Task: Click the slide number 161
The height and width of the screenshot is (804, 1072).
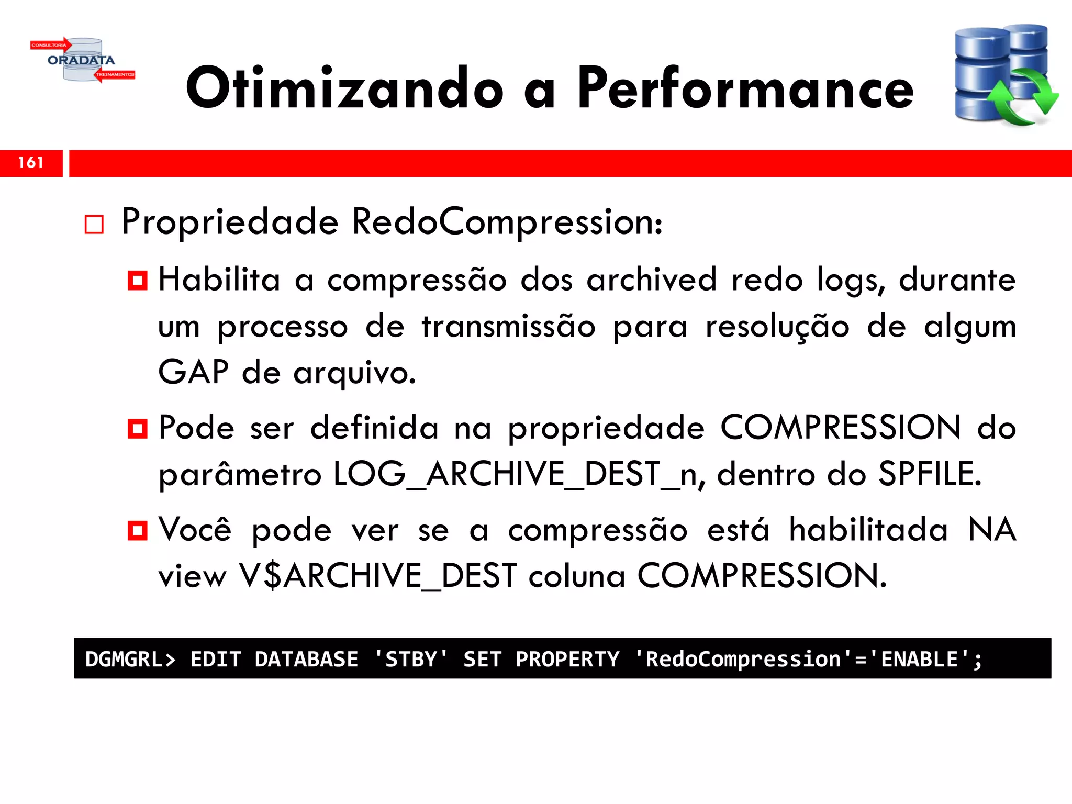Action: click(x=31, y=163)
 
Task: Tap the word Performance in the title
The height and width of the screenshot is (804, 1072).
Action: click(x=745, y=89)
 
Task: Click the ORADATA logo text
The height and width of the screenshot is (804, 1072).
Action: click(x=81, y=60)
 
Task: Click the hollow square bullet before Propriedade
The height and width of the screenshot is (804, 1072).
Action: click(x=94, y=225)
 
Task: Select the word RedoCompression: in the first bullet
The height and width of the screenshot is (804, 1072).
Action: click(x=507, y=222)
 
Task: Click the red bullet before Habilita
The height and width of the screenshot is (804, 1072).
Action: click(x=137, y=281)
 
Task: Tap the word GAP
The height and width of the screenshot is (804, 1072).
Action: click(x=193, y=372)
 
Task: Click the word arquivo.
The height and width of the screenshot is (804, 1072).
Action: click(x=354, y=373)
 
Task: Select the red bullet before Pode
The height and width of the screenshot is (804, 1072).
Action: click(x=137, y=429)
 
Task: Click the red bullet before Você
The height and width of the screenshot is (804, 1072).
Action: click(x=137, y=530)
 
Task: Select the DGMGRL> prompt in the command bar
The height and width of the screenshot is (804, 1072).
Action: click(x=130, y=659)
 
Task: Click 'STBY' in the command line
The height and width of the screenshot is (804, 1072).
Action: click(x=411, y=659)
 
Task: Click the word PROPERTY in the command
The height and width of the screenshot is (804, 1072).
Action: click(x=567, y=659)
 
